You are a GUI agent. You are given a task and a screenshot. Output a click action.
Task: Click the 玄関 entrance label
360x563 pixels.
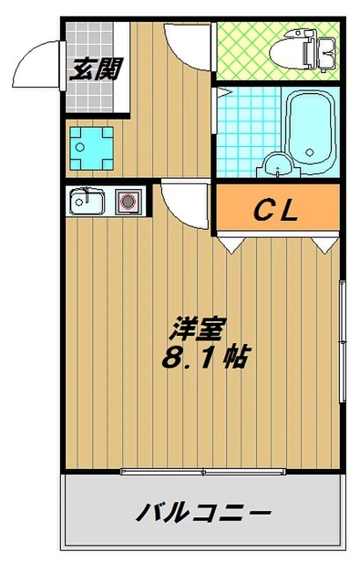96,69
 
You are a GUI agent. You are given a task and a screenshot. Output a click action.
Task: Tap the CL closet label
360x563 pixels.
276,210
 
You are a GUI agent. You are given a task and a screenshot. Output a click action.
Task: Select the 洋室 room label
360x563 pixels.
198,329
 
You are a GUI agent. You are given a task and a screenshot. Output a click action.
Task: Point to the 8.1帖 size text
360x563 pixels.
205,358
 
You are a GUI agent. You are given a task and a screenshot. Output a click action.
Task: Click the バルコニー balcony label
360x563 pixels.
203,512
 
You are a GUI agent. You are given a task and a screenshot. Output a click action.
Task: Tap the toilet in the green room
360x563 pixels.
304,51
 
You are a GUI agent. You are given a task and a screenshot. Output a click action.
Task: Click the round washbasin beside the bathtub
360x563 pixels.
277,165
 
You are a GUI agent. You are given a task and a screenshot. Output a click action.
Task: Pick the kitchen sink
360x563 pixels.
87,201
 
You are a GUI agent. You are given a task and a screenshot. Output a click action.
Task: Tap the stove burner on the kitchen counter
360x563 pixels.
128,201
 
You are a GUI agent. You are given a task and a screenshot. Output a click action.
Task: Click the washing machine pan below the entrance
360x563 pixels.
92,148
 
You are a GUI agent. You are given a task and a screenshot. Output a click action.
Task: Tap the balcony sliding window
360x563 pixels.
203,472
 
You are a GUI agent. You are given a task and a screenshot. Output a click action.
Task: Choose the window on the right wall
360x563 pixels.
342,341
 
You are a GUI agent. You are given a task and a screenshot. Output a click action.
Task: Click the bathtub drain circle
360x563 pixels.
309,152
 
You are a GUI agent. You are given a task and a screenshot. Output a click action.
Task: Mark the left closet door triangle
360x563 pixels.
231,245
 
